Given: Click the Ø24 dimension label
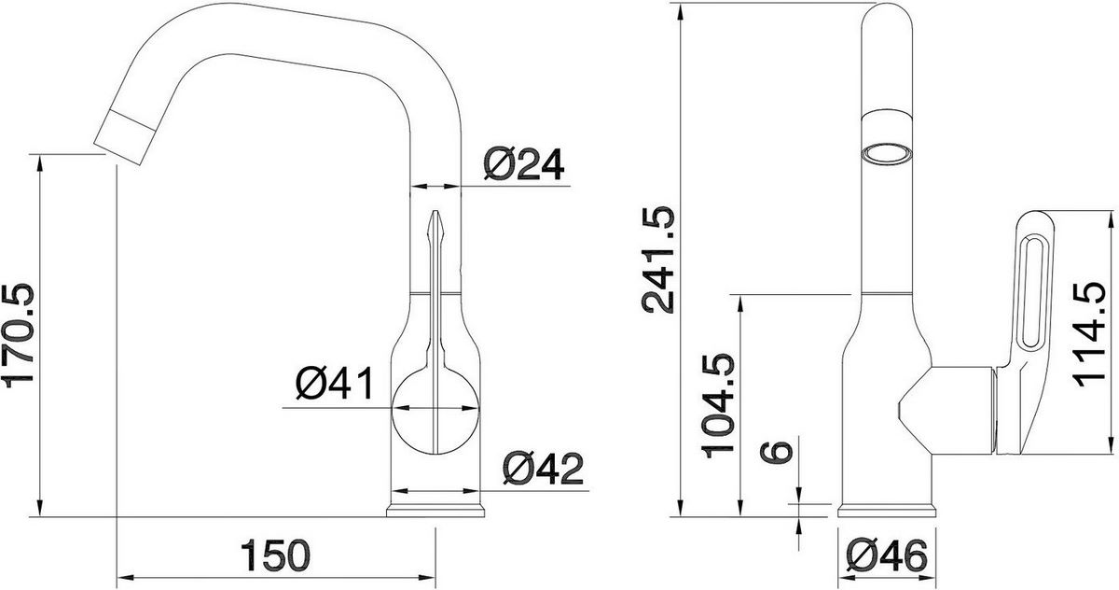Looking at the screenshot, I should click(524, 165).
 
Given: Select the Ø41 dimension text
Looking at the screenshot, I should click(334, 385).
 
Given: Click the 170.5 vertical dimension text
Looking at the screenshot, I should click(20, 334).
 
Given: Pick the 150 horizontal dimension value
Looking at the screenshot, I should click(276, 557).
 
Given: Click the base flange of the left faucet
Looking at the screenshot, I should click(436, 510).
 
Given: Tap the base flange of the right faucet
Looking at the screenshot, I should click(887, 510).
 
